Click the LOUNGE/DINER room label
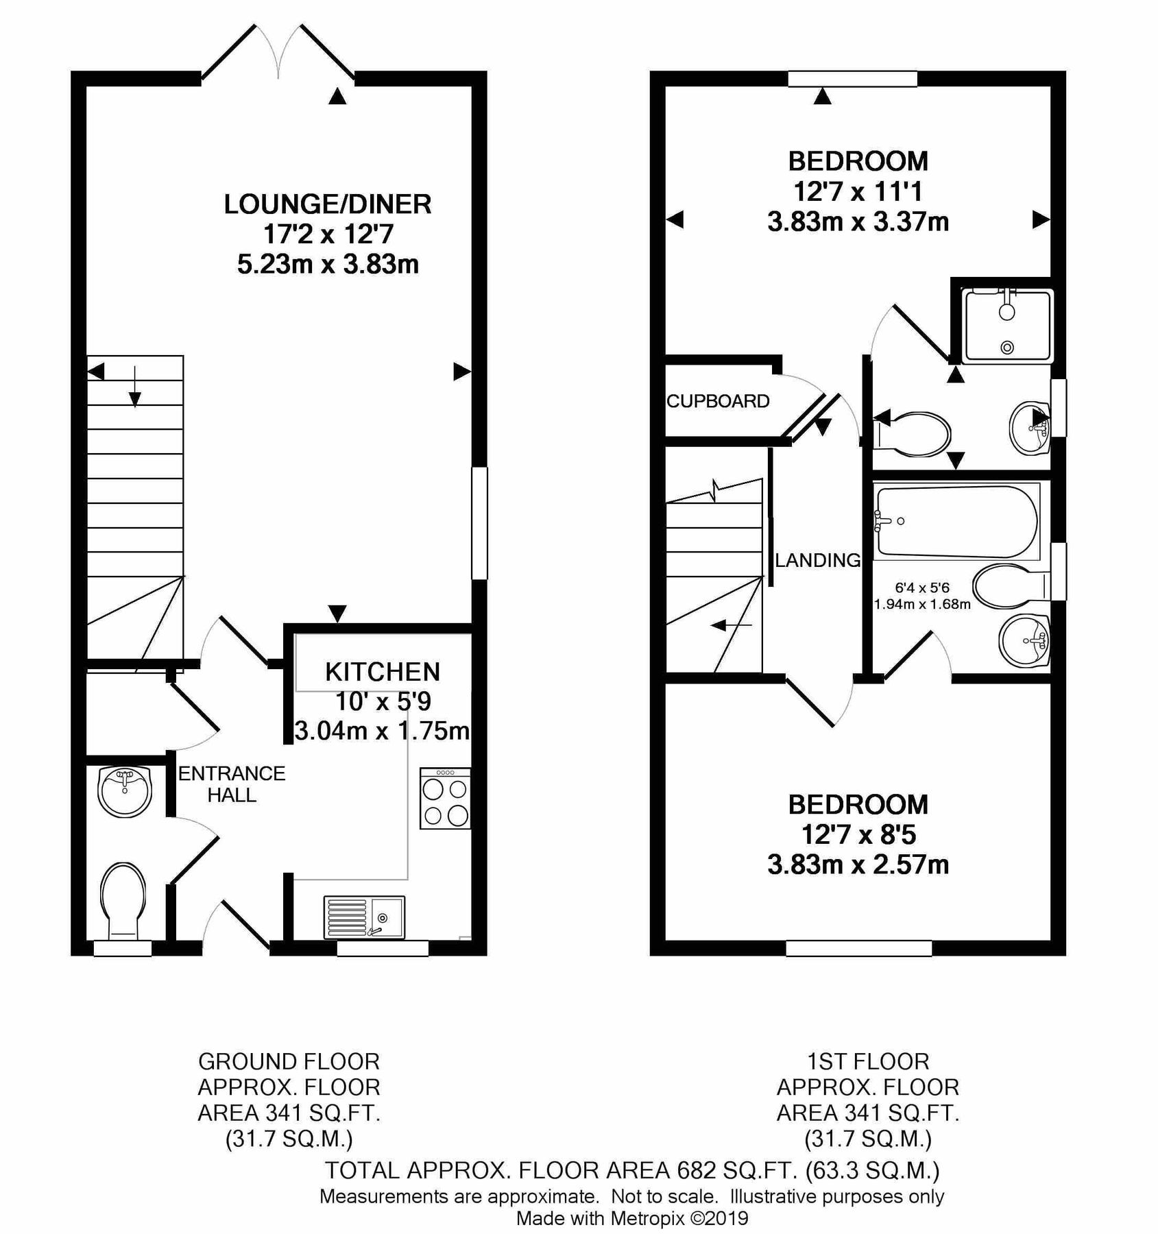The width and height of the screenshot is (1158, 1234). [328, 204]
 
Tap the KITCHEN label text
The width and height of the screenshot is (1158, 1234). [383, 672]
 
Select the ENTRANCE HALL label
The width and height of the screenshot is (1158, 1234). [232, 784]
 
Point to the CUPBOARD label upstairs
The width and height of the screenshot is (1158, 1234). [718, 401]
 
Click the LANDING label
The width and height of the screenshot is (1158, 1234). [817, 560]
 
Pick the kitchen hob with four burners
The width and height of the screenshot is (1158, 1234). [446, 799]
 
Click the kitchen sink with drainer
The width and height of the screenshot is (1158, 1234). [364, 917]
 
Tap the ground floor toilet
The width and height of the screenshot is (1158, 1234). [123, 900]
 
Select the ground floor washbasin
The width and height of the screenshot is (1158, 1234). [124, 790]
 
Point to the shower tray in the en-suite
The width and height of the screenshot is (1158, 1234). [1006, 326]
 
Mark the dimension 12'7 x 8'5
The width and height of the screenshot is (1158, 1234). [858, 834]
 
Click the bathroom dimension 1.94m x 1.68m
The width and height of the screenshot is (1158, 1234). [921, 605]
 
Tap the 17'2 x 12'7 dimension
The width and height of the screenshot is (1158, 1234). [328, 234]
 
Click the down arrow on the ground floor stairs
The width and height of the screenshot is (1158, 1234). [135, 387]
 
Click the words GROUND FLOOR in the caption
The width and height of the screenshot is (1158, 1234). [289, 1061]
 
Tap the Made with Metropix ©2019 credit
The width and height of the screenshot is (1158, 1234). [631, 1218]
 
